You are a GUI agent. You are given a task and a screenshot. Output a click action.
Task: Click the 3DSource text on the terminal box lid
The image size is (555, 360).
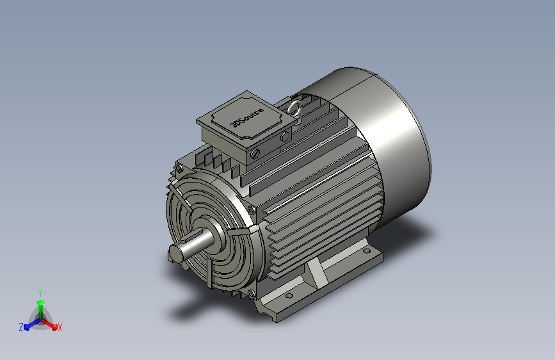tap(247, 117)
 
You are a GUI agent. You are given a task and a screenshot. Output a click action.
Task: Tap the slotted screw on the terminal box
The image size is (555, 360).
tap(255, 154)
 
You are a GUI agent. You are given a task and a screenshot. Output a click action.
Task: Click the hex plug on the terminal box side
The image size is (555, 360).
tap(285, 137)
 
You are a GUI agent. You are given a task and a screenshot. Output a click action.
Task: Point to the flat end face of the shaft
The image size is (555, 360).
tap(175, 253)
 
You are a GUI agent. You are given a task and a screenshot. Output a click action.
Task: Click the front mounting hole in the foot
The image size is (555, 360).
tap(289, 296)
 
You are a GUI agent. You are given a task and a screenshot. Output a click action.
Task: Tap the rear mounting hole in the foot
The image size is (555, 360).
tap(367, 251)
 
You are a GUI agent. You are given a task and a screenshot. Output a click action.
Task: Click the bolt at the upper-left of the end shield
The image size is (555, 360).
tap(179, 169)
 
